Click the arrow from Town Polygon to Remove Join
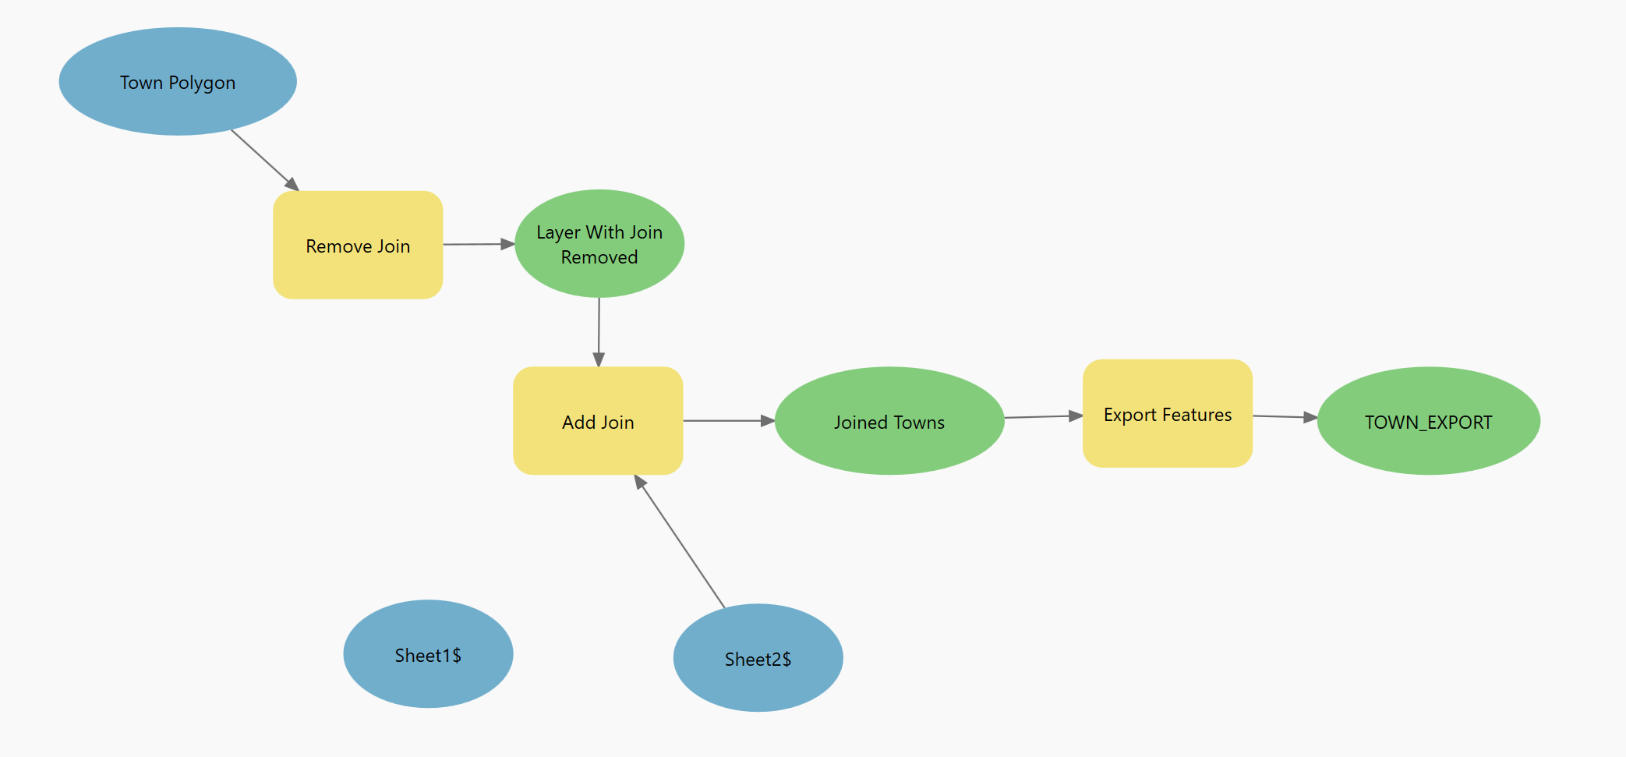click(264, 159)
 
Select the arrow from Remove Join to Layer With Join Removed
click(478, 244)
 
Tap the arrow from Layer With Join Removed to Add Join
click(599, 331)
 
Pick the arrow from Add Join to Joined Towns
click(728, 421)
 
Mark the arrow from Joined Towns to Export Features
click(1043, 417)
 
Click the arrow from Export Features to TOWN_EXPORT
click(1285, 417)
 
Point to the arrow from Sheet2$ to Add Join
click(680, 542)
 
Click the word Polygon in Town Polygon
click(202, 83)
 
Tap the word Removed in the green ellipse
click(599, 257)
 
